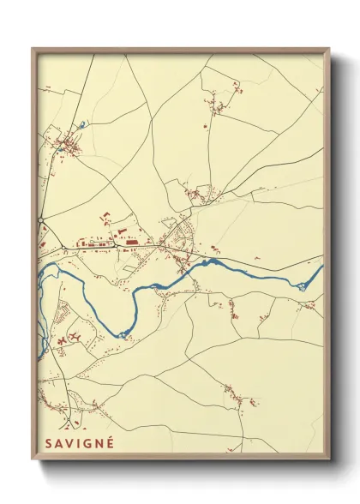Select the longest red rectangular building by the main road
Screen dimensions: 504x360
coord(133,243)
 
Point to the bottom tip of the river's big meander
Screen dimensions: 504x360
coord(124,333)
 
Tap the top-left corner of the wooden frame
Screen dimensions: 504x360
coord(33,49)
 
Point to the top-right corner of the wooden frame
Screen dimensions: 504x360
coord(328,49)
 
